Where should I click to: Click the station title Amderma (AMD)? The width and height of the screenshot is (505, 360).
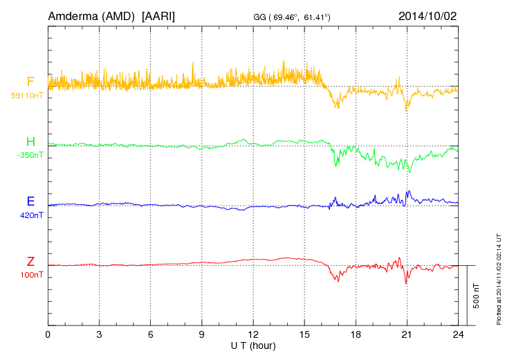coord(91,15)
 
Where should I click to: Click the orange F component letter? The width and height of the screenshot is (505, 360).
coord(30,82)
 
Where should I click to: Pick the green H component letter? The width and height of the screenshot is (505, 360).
coord(30,142)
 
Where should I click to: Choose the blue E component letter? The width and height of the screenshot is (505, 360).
coord(30,201)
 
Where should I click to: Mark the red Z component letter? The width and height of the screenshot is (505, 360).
coord(30,262)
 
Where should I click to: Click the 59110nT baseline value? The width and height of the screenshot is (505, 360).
coord(26,96)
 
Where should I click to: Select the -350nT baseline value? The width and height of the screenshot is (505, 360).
coord(30,155)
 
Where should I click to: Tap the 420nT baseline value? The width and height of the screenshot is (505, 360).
coord(31,215)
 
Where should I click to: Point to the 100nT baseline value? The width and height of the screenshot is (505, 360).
coord(31,275)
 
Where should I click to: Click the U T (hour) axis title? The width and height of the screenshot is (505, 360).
coord(253,345)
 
